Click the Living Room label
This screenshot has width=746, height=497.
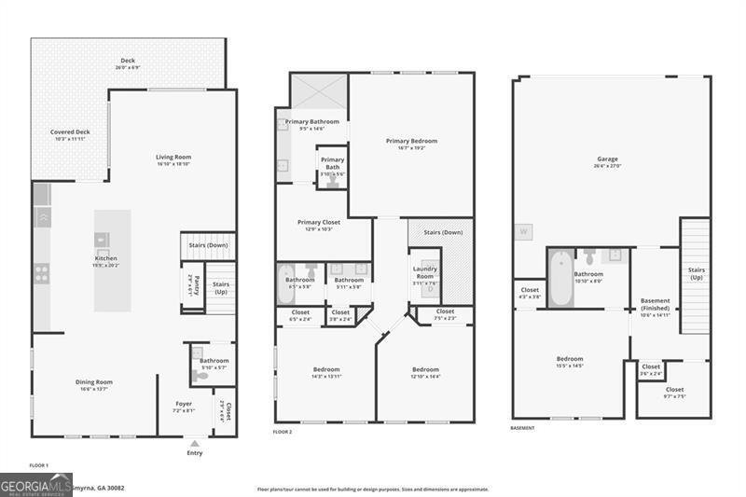click(x=173, y=157)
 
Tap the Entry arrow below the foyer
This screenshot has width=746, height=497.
click(x=194, y=444)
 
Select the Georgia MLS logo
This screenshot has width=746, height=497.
click(x=36, y=484)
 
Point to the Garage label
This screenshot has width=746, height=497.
click(x=607, y=159)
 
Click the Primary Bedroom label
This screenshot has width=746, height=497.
click(x=411, y=141)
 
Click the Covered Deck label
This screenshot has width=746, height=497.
click(x=70, y=132)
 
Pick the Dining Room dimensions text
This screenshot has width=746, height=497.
click(x=94, y=389)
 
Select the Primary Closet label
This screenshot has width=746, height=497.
click(x=319, y=222)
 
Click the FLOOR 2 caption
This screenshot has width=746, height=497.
click(x=283, y=433)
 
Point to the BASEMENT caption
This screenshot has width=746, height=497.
click(x=522, y=428)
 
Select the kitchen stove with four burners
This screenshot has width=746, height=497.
click(x=42, y=273)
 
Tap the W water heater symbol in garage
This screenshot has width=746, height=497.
click(x=523, y=231)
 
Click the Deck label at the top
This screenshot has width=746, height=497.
click(x=128, y=61)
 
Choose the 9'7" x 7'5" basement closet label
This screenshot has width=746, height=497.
click(x=674, y=389)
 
